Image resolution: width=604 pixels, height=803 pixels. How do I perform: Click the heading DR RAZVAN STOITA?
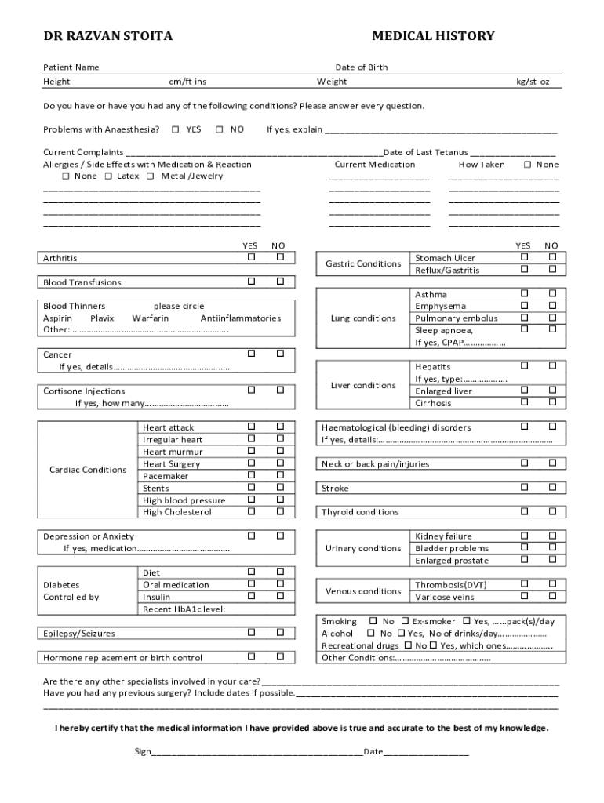pos(107,36)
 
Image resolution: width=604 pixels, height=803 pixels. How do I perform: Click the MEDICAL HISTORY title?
pos(433,36)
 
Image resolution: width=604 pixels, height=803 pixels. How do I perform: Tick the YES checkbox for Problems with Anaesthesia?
pos(175,129)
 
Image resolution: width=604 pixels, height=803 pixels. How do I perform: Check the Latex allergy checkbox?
pos(108,176)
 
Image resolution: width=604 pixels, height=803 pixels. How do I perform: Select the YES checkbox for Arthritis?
pos(251,257)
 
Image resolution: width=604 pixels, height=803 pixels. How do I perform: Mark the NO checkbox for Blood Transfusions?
pos(279,281)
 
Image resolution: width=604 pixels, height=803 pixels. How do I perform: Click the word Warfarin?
pos(150,318)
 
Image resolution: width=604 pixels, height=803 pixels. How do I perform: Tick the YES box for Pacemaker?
pos(251,475)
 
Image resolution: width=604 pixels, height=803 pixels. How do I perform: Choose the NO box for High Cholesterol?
pos(279,511)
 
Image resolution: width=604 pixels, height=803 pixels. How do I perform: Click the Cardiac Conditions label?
pos(88,470)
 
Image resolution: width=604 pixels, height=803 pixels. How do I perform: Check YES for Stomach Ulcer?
pos(523,257)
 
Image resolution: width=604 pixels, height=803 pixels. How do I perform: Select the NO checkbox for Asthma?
pos(552,293)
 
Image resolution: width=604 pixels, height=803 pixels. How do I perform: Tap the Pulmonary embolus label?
pos(456,318)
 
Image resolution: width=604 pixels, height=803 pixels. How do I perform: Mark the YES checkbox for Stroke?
pos(523,487)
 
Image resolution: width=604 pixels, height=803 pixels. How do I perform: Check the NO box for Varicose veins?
pos(552,596)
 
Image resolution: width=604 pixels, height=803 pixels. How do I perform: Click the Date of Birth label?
pos(361,67)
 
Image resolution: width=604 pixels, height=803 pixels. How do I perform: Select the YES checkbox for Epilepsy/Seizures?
pos(251,632)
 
